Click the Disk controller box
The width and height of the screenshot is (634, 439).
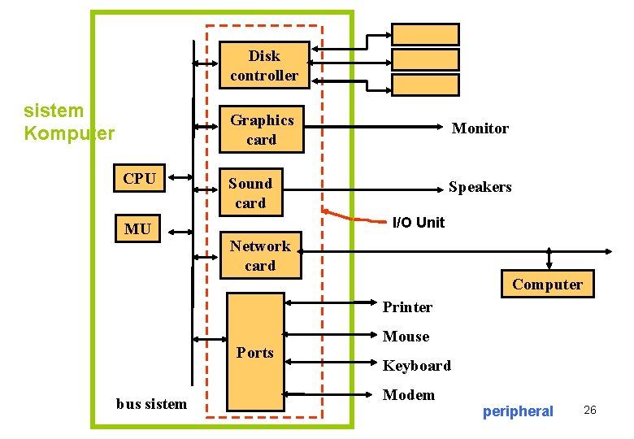(264, 66)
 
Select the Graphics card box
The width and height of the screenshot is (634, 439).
(262, 129)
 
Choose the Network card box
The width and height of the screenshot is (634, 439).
(260, 255)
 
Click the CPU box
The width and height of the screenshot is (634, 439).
(140, 179)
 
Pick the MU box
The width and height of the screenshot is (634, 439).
(137, 229)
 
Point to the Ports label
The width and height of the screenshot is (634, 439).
(255, 352)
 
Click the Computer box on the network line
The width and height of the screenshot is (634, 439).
(547, 284)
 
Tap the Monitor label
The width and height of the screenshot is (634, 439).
(480, 128)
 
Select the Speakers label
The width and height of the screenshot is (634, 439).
(480, 187)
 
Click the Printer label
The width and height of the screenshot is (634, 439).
(407, 307)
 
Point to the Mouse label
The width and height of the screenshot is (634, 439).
(406, 337)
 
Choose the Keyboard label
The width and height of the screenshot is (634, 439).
(416, 366)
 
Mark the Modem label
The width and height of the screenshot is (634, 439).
(408, 395)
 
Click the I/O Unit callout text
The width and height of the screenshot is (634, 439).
(418, 222)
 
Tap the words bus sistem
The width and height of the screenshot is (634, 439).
(151, 403)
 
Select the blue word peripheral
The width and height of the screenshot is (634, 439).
(517, 411)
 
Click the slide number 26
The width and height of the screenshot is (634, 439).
(589, 411)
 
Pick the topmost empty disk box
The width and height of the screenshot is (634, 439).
(425, 34)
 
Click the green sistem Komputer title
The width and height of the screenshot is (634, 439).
(69, 122)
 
